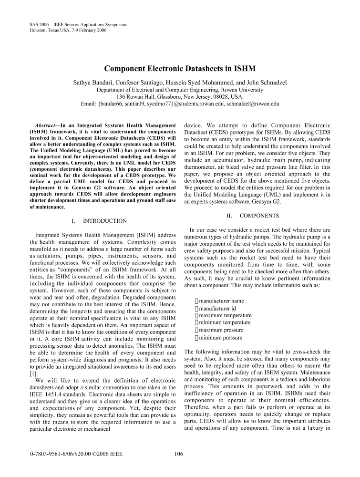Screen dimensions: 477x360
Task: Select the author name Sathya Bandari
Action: pyautogui.click(x=92, y=82)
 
